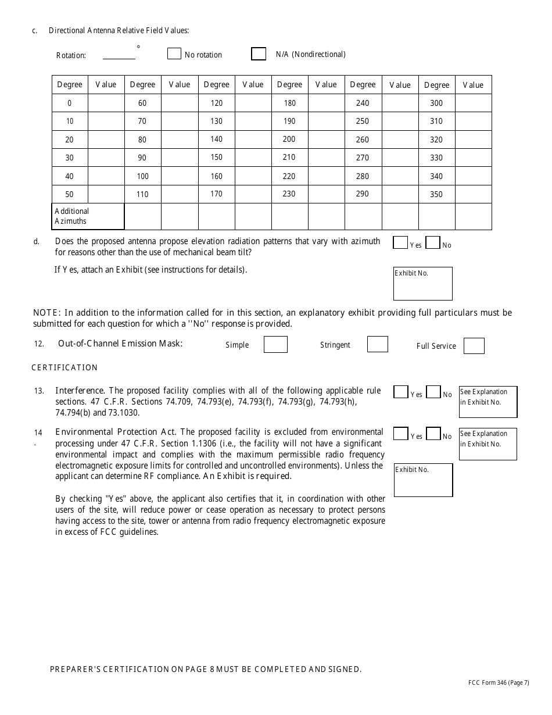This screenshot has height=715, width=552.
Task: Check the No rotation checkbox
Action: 174,53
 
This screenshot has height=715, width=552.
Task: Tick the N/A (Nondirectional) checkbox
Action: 259,53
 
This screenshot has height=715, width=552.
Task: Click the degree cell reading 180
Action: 289,103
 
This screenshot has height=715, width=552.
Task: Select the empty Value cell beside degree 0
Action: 106,103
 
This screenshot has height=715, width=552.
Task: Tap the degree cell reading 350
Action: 436,194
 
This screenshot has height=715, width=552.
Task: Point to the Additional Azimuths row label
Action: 88,216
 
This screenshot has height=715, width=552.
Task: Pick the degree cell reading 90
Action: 142,158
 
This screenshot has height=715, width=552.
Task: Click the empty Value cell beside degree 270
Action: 400,158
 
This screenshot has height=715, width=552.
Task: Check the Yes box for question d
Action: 400,242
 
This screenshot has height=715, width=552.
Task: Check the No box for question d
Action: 432,242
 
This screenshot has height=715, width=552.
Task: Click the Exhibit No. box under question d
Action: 422,283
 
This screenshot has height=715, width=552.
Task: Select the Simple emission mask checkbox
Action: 275,344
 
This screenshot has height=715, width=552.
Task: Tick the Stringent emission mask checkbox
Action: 377,344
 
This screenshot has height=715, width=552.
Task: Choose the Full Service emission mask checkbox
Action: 474,346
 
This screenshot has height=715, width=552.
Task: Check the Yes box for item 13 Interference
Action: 400,392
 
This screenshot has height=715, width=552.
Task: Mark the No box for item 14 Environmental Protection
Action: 433,434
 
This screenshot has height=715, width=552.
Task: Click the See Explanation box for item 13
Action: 488,402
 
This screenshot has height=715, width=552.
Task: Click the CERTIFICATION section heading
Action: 64,367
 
